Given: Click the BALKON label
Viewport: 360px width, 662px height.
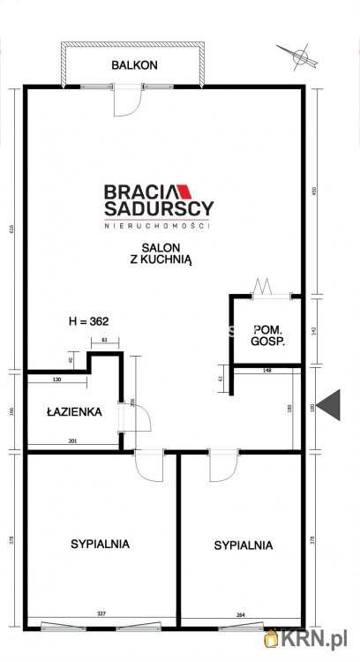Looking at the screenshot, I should click(x=134, y=64).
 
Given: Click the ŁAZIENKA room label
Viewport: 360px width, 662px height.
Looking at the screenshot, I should click(x=74, y=411).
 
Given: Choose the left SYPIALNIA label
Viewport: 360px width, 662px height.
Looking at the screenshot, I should click(x=100, y=544).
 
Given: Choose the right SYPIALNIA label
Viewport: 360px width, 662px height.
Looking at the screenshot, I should click(x=243, y=545).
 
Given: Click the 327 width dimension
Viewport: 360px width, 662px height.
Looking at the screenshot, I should click(x=101, y=613).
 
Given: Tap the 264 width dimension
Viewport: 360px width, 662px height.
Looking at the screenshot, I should click(x=241, y=613).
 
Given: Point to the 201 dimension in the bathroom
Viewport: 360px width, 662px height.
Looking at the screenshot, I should click(x=73, y=440).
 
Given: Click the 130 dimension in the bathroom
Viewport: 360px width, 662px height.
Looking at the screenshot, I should click(x=56, y=380).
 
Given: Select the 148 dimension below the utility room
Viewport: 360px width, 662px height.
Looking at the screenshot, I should click(x=266, y=371).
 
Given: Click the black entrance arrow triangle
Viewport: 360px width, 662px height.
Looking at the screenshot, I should click(x=330, y=405).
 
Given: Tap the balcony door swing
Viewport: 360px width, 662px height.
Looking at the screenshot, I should click(x=129, y=101).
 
